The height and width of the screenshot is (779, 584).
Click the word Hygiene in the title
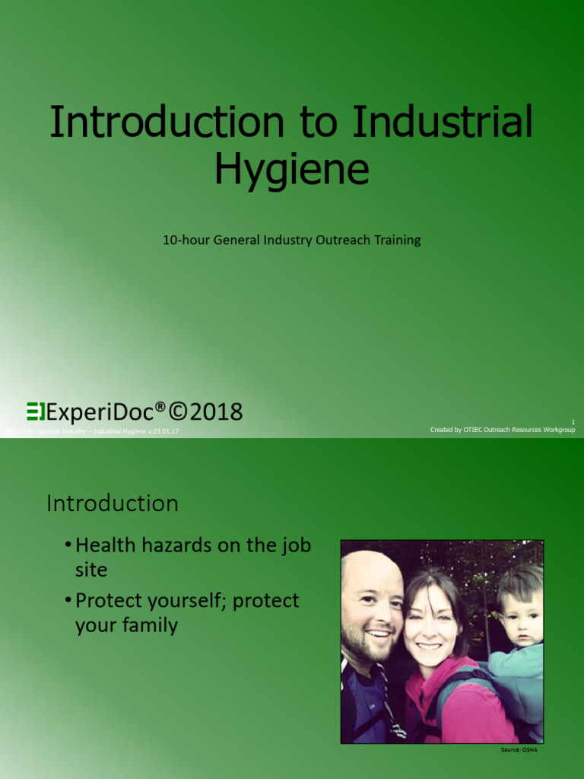(x=291, y=170)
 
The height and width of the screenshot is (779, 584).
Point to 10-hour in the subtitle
(x=186, y=240)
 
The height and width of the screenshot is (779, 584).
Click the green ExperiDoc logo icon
(x=36, y=412)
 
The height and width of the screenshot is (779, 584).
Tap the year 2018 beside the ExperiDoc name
(x=217, y=412)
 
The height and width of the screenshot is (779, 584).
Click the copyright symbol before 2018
(x=178, y=412)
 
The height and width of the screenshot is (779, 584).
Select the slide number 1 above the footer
(x=573, y=421)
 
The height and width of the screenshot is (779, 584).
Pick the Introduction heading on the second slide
(x=113, y=504)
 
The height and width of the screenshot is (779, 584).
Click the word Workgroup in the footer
(x=556, y=430)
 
